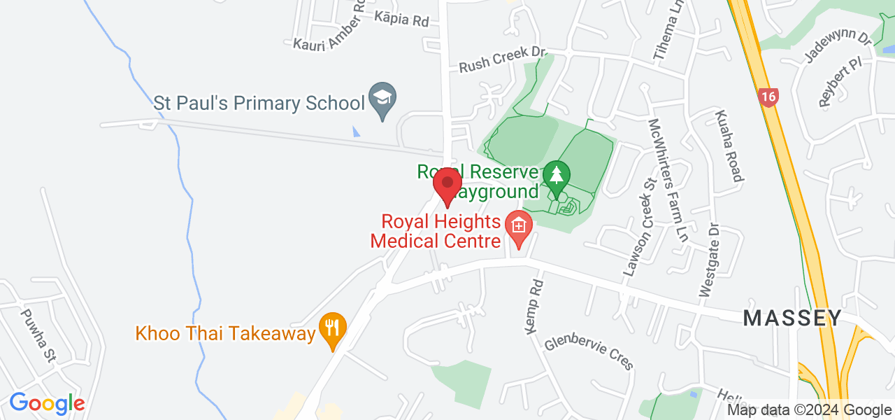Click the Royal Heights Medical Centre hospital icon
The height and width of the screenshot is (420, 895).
tap(519, 227)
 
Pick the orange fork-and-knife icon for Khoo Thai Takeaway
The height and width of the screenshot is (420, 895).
tap(333, 328)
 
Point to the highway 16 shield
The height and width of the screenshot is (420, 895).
tap(768, 97)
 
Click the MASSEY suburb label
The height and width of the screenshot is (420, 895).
tap(792, 318)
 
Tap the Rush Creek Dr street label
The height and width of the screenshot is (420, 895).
tap(502, 59)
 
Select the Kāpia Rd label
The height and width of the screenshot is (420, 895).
tap(401, 19)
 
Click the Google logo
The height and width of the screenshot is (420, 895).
tap(47, 403)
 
